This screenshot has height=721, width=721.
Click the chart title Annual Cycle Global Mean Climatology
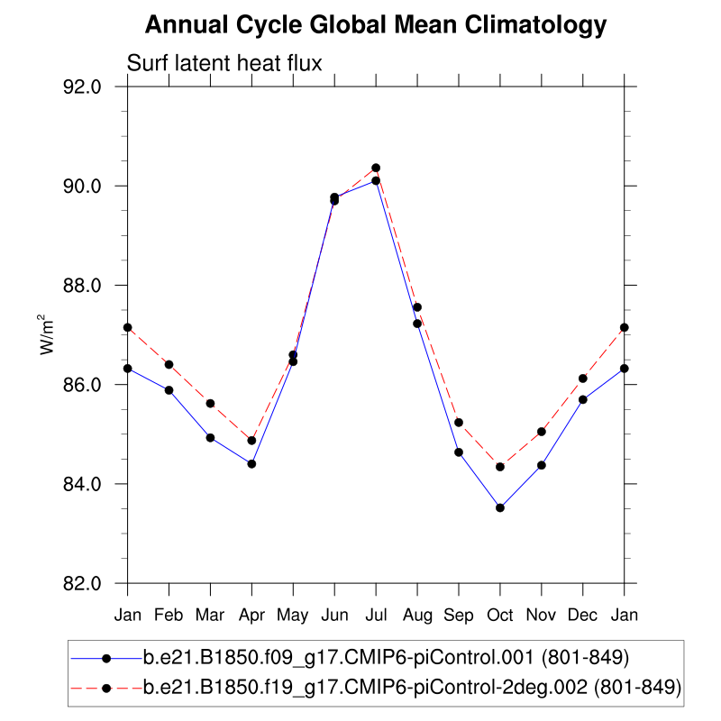pyautogui.click(x=376, y=25)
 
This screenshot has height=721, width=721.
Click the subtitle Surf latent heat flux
pyautogui.click(x=224, y=62)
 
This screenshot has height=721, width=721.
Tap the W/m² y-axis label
pyautogui.click(x=44, y=334)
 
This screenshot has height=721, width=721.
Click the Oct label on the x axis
pyautogui.click(x=500, y=615)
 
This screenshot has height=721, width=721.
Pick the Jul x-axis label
pyautogui.click(x=376, y=615)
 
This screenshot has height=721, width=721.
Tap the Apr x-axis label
pyautogui.click(x=251, y=615)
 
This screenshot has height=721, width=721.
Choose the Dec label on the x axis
pyautogui.click(x=583, y=615)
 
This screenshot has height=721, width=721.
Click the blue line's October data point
pyautogui.click(x=500, y=507)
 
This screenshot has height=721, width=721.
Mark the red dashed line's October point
pyautogui.click(x=500, y=466)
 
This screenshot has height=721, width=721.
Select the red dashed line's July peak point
pyautogui.click(x=376, y=168)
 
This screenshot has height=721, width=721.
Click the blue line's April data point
pyautogui.click(x=251, y=463)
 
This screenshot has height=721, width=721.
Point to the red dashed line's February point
pyautogui.click(x=169, y=364)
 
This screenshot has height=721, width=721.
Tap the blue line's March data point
pyautogui.click(x=210, y=438)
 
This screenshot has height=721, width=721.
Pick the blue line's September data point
pyautogui.click(x=459, y=452)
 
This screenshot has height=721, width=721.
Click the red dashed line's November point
pyautogui.click(x=542, y=432)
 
